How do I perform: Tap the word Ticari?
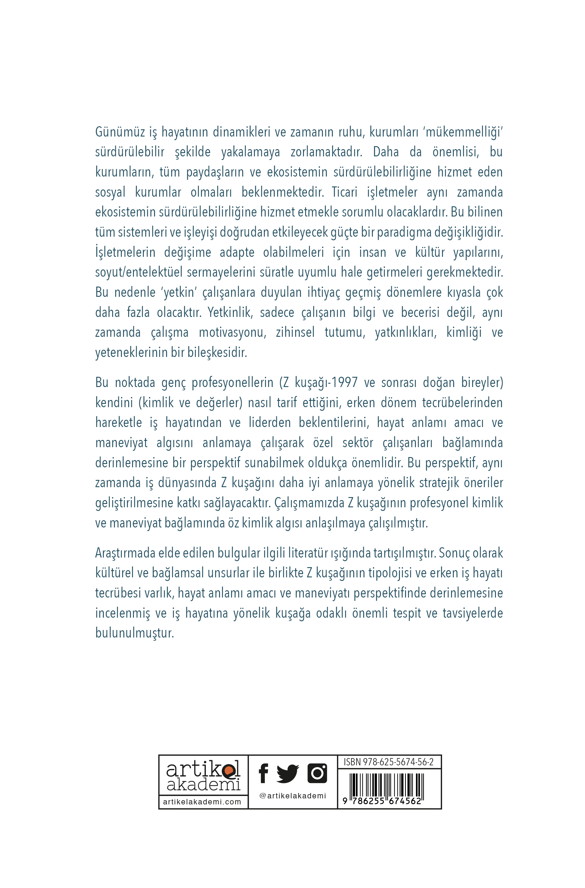tap(344, 192)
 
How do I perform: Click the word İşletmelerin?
tap(125, 252)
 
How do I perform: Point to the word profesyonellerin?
tap(233, 383)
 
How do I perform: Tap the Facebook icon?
tap(263, 773)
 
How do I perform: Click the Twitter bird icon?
tap(287, 773)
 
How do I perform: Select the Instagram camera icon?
tap(317, 773)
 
